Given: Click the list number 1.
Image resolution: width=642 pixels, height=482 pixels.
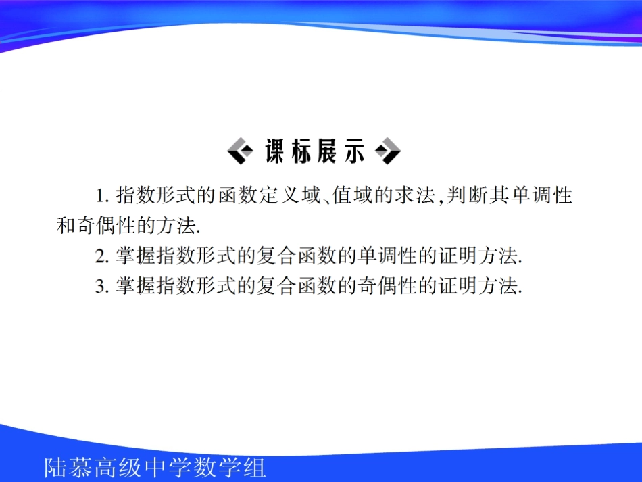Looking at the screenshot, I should [101, 197].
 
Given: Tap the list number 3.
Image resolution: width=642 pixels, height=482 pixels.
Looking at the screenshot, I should [101, 287].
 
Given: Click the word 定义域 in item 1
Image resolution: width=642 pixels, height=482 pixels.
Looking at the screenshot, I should [287, 196].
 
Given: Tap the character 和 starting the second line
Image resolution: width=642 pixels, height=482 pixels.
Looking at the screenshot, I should [66, 226].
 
